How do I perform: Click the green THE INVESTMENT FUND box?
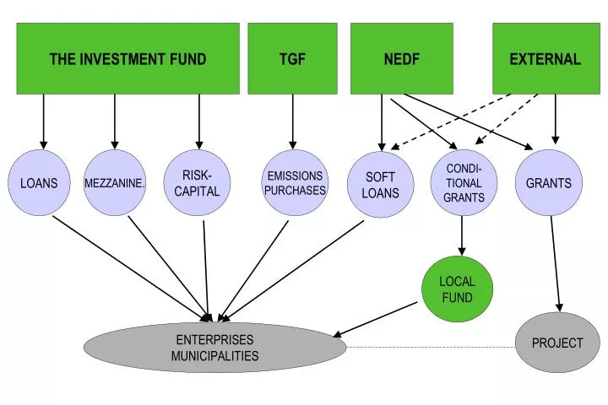click(x=128, y=58)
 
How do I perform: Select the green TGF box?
click(x=292, y=58)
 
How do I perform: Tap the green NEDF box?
click(x=402, y=58)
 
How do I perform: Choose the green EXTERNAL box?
click(x=545, y=58)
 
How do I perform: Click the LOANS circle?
click(x=39, y=182)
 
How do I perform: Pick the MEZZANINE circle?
click(x=115, y=182)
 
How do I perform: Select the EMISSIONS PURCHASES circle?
click(x=295, y=182)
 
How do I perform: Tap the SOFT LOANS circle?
click(x=380, y=184)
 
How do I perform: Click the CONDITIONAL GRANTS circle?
click(x=464, y=182)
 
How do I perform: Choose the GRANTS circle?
click(x=549, y=182)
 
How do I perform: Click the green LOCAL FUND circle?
click(x=457, y=289)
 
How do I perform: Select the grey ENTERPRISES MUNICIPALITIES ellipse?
click(x=214, y=348)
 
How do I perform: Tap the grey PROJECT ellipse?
click(x=557, y=343)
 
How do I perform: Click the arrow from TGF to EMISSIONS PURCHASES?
click(x=293, y=121)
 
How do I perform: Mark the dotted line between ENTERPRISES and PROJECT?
click(x=431, y=347)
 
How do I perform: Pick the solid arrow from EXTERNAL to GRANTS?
click(x=555, y=118)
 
